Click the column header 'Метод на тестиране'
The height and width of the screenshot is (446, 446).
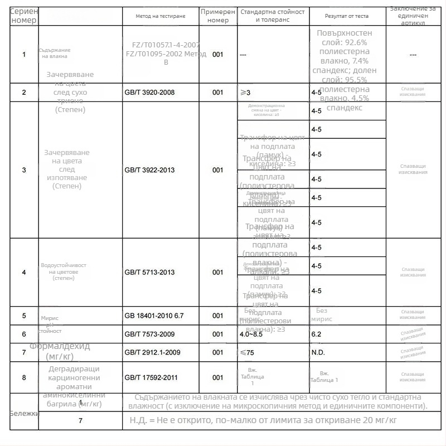(160, 16)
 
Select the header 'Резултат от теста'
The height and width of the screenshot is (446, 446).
(347, 16)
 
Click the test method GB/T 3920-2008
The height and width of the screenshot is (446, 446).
(149, 93)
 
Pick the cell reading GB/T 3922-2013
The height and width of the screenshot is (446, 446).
(149, 170)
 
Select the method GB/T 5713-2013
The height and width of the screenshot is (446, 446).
(149, 273)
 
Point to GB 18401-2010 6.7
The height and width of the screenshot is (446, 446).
(154, 316)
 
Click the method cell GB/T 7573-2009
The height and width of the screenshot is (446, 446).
(149, 334)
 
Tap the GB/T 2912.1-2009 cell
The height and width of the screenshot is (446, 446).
(153, 353)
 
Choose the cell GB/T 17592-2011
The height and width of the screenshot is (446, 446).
(151, 378)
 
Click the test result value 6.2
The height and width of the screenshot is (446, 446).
(316, 334)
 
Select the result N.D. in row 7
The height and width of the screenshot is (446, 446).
(318, 353)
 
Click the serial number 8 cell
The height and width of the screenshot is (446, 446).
(24, 378)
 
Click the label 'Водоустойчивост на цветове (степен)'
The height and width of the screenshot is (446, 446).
(64, 272)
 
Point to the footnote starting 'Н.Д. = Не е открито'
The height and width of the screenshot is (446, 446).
(263, 420)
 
